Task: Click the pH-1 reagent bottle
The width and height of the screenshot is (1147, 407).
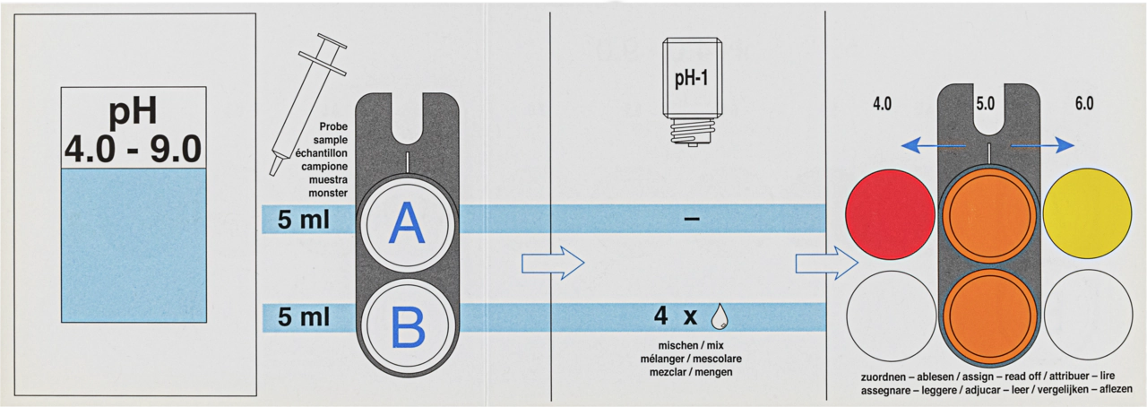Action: point(693,91)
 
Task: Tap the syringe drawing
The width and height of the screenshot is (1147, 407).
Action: point(307,105)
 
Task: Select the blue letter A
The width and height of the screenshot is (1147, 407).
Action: point(407,223)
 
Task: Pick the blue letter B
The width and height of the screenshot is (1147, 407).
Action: point(408,326)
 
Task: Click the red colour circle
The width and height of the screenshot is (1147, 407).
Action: point(890,214)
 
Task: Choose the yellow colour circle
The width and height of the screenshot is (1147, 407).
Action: point(1087,213)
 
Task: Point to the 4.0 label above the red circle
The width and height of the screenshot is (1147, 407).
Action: point(882,104)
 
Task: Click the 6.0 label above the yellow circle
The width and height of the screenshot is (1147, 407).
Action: point(1084,104)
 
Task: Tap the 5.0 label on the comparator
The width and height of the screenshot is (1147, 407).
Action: point(985,104)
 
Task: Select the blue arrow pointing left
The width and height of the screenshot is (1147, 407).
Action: point(933,146)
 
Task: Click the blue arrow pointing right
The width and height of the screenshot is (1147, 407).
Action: point(1042,145)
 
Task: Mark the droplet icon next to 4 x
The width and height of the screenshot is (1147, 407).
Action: point(720,316)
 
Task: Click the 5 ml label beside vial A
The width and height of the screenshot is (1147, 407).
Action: point(304,220)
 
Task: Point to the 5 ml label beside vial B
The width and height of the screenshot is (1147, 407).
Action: point(304,316)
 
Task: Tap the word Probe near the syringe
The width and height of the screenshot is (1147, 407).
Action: point(333,126)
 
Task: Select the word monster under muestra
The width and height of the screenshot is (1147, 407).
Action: point(328,194)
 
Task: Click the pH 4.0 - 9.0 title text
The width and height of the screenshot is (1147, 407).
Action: point(134,130)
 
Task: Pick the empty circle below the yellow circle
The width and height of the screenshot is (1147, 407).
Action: point(1088,315)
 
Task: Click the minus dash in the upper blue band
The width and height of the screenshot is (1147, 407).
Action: point(691,219)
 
